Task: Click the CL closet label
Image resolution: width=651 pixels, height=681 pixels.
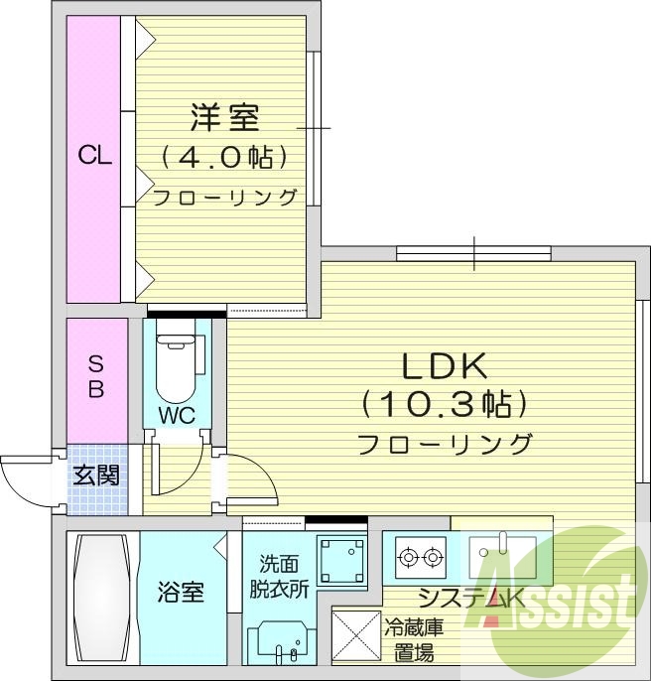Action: click(x=95, y=156)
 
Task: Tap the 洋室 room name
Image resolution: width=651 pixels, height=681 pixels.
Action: click(x=225, y=117)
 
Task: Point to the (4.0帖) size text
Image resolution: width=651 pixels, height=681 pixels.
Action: click(x=225, y=157)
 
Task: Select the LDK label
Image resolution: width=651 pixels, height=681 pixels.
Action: click(x=444, y=367)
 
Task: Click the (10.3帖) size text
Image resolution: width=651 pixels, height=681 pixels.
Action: click(x=444, y=403)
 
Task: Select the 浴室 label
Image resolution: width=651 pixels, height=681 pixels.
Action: click(x=181, y=594)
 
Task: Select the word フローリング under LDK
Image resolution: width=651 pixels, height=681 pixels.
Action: click(x=444, y=443)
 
